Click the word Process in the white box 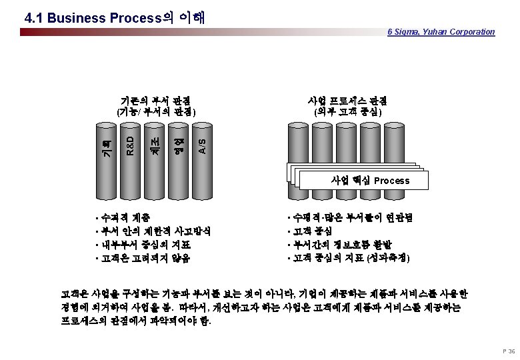[x=392, y=181]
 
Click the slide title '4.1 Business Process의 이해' [x=113, y=17]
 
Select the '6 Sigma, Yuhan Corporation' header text [x=441, y=31]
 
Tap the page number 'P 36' [x=507, y=351]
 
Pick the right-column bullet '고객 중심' [x=309, y=231]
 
